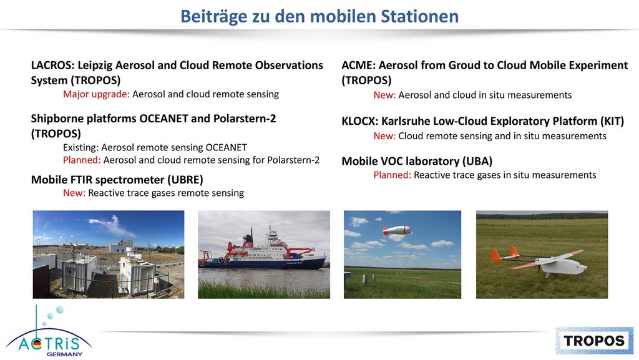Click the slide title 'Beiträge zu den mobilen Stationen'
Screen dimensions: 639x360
(319, 16)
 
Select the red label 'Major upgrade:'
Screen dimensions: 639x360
(96, 94)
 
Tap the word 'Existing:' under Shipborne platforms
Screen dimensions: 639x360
(80, 147)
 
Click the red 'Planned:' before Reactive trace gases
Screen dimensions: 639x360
(392, 175)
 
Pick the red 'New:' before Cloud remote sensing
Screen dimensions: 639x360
(384, 136)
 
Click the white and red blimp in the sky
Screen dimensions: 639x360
(396, 230)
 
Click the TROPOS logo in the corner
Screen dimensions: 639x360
(594, 341)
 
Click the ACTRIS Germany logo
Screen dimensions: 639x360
(49, 331)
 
